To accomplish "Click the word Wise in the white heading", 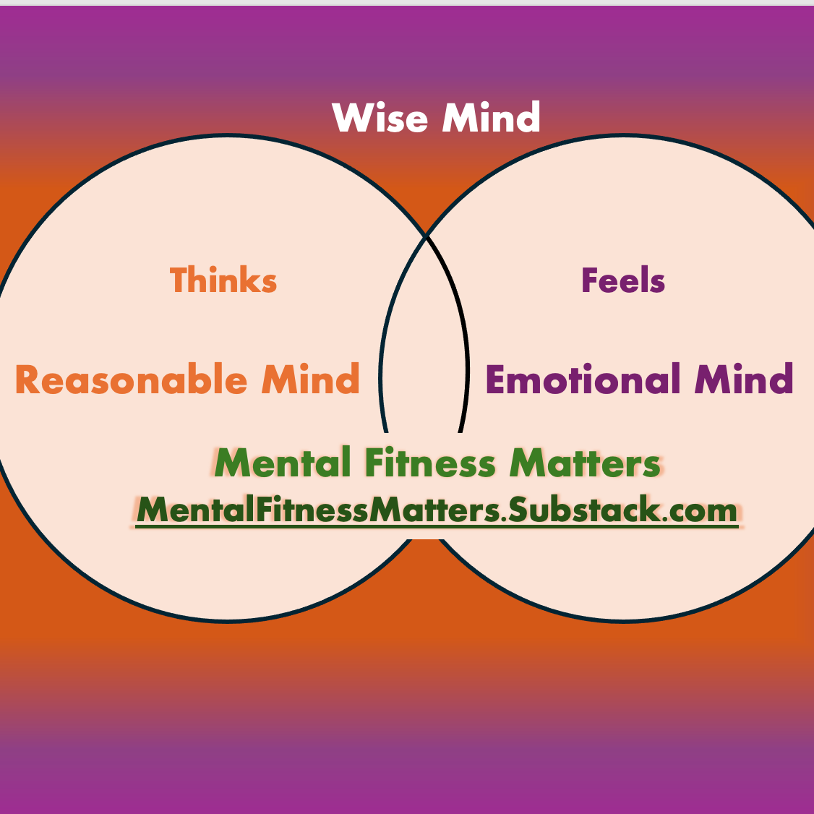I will click(380, 118).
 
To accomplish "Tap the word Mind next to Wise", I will click(491, 118).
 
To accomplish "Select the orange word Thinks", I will click(223, 280).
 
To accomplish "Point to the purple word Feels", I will click(622, 280).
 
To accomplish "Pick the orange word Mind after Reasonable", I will click(310, 380).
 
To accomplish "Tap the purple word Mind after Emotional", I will click(744, 380).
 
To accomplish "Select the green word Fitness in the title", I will click(430, 463).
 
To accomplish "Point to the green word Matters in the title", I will click(585, 463).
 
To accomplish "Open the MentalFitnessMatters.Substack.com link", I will click(437, 510).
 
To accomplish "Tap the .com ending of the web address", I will click(700, 510).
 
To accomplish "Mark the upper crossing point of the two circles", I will click(426, 236).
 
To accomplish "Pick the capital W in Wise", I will click(349, 118).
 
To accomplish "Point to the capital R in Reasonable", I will click(27, 380).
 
